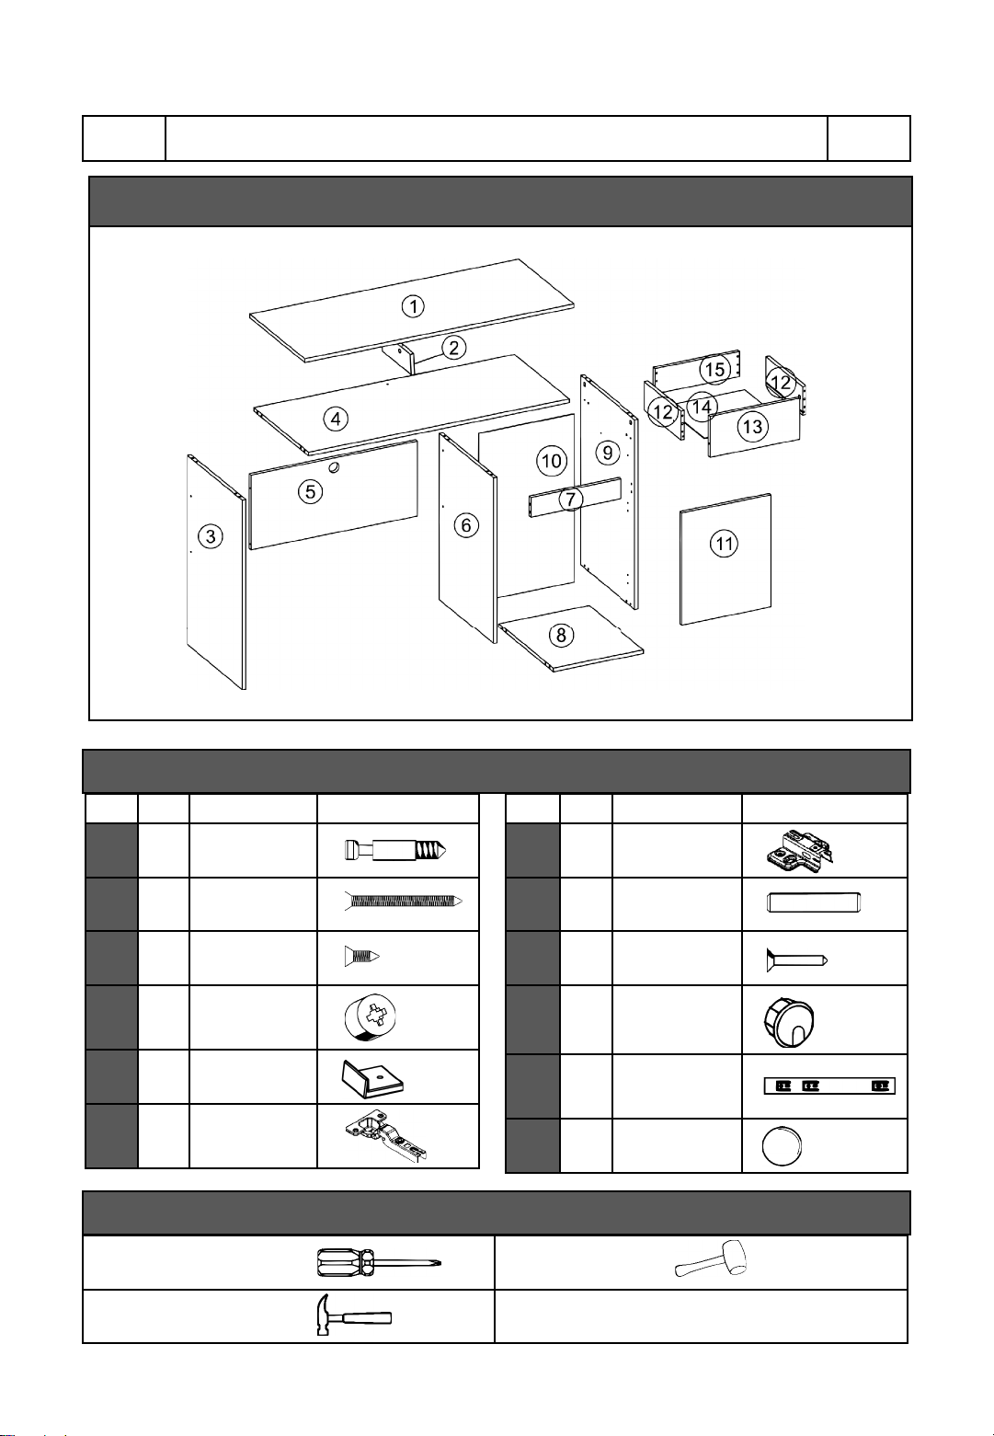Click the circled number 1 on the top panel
tap(414, 306)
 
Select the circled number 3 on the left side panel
tap(211, 536)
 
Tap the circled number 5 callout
tap(310, 492)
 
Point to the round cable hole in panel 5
tap(334, 468)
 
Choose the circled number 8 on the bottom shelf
tap(562, 635)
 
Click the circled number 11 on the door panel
tap(725, 544)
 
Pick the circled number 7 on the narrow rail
tap(570, 499)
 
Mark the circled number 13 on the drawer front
tap(752, 426)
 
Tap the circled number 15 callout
tap(715, 369)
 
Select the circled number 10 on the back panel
tap(551, 460)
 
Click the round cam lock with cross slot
tap(371, 1017)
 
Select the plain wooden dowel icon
tap(813, 902)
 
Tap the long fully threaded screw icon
tap(403, 902)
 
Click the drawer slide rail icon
tap(829, 1086)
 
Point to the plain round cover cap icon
tap(782, 1145)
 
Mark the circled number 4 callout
tap(336, 419)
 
